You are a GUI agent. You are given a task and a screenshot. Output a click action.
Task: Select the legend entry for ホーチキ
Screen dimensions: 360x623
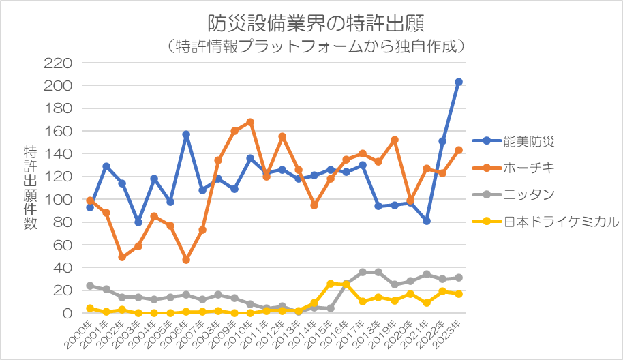tap(529, 168)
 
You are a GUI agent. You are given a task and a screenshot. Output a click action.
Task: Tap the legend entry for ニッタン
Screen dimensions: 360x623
tap(529, 194)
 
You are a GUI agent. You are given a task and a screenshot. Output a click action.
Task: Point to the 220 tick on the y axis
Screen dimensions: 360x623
tap(59, 63)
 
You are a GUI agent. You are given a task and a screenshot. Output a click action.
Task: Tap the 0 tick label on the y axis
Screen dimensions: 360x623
tap(67, 314)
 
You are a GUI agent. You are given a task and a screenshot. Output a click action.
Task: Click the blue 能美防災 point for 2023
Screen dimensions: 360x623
tap(459, 82)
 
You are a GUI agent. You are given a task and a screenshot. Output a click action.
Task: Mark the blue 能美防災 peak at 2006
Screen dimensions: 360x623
tap(186, 134)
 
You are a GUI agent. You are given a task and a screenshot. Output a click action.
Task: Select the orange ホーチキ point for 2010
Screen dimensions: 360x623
tap(250, 122)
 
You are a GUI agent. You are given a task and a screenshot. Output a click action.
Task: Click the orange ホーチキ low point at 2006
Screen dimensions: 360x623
tap(186, 260)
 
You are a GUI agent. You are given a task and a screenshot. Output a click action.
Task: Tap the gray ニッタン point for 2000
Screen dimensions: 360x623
tap(90, 286)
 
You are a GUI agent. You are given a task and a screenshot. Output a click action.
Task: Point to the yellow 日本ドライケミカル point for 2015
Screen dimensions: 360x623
tap(331, 284)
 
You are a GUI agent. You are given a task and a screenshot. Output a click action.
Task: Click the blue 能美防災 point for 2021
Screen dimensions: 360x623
tap(427, 221)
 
